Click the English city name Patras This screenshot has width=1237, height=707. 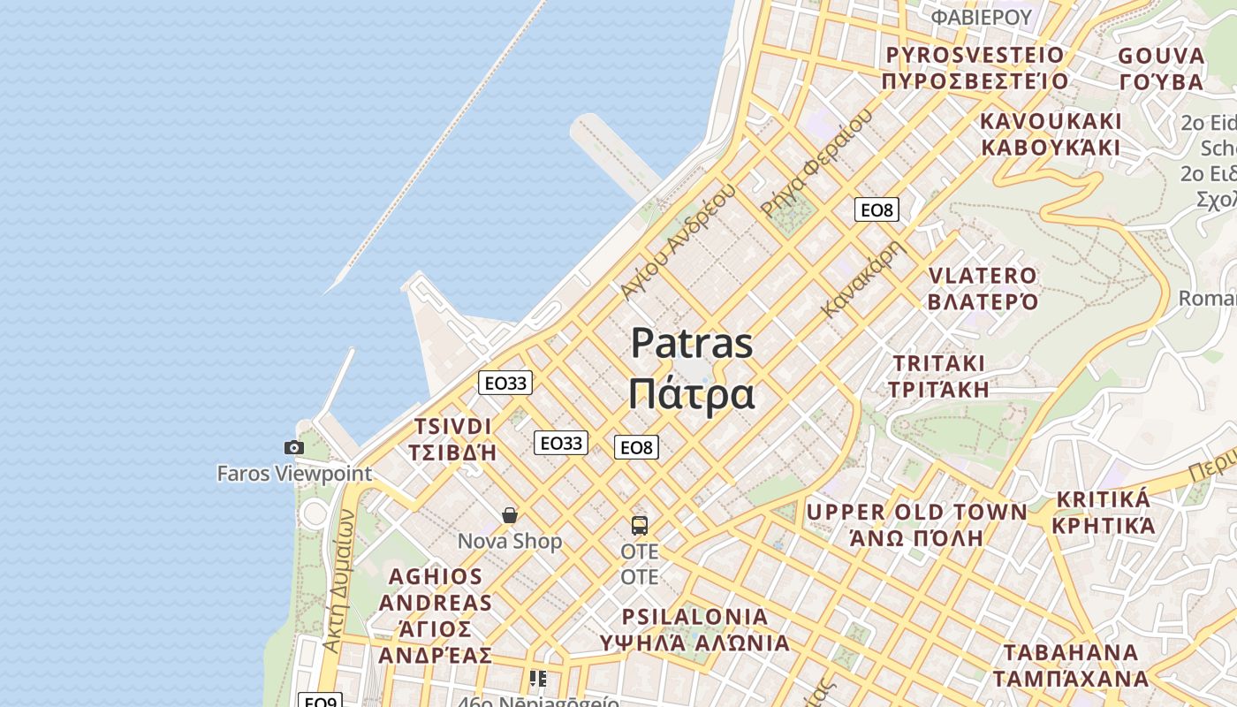tap(692, 344)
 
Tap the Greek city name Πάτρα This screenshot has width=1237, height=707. tap(692, 394)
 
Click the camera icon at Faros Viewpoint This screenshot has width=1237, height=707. tap(294, 448)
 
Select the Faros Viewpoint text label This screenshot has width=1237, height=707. tap(295, 474)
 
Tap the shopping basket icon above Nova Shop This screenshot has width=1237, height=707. tap(510, 515)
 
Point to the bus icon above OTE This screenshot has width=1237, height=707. tap(640, 526)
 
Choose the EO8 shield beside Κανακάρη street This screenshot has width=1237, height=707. tap(877, 209)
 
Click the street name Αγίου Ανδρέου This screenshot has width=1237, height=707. tap(678, 240)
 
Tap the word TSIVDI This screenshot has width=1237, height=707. tap(452, 426)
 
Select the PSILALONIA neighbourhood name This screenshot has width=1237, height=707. tap(695, 616)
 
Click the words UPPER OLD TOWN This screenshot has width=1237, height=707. tap(916, 513)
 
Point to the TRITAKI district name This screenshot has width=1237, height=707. tap(938, 363)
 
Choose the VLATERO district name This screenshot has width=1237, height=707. tap(983, 276)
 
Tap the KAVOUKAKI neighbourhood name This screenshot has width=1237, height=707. tap(1051, 121)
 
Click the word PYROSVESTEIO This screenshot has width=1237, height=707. tap(975, 56)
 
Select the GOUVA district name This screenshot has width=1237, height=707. tap(1161, 57)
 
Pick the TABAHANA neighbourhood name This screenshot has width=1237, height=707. tap(1071, 653)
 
